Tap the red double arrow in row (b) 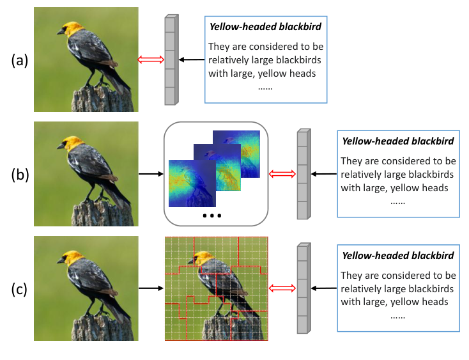point(282,174)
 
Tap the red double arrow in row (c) point(282,288)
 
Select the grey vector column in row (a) point(170,60)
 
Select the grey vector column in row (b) point(303,174)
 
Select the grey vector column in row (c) point(303,288)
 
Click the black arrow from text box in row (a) point(191,60)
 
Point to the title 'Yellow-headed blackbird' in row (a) point(266,27)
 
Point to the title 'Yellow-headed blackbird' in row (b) point(398,141)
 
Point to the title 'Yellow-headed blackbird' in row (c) point(398,256)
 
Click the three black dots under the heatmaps point(211,215)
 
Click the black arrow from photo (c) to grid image point(151,288)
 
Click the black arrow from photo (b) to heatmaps point(151,174)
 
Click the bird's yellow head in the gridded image point(203,259)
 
